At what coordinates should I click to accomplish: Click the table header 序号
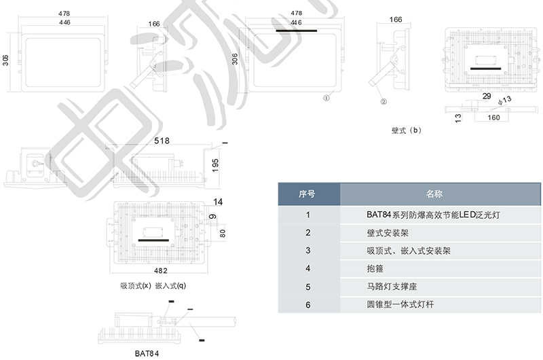[308, 194]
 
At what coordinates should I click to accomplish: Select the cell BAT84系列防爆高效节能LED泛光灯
[434, 215]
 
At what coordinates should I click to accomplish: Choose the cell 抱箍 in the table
[375, 269]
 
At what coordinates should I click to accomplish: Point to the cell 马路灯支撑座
[390, 287]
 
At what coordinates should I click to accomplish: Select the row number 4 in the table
[308, 269]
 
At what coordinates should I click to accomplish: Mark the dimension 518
[161, 141]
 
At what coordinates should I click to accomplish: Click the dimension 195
[216, 163]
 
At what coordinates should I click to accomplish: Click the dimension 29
[486, 96]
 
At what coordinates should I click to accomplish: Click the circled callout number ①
[326, 97]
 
